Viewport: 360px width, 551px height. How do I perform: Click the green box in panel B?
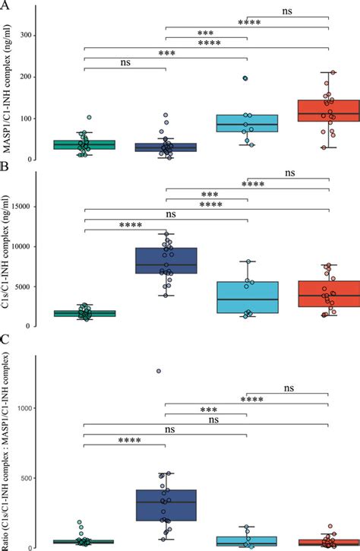coord(85,313)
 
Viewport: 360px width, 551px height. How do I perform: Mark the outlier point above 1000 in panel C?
coord(158,371)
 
